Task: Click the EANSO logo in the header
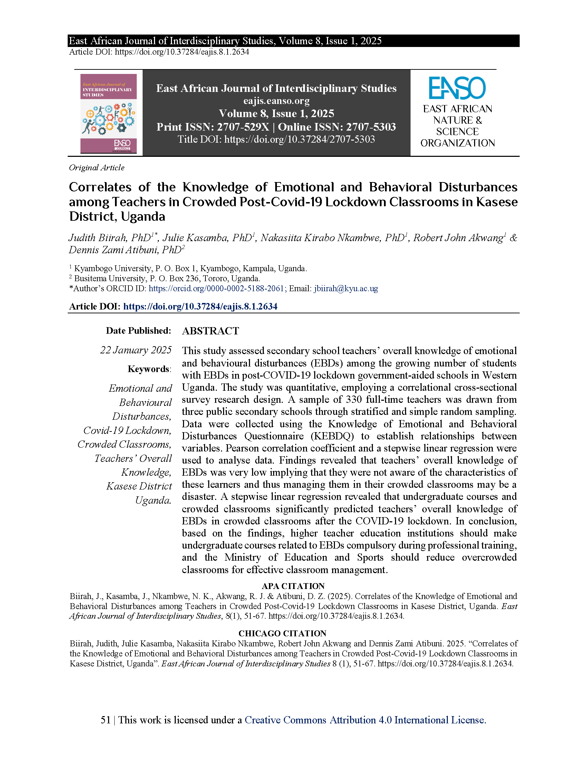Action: coord(457,88)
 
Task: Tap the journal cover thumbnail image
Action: coord(108,113)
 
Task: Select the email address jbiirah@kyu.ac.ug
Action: coord(346,288)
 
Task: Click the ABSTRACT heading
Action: coord(210,331)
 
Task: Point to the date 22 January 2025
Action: coord(136,350)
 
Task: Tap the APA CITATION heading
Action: coord(293,586)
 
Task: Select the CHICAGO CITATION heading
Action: coord(282,633)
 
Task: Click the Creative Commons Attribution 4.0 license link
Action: coord(365,720)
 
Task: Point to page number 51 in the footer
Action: coord(105,720)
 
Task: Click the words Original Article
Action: coord(97,168)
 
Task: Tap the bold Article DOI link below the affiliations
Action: coord(200,306)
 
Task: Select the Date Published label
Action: coord(138,331)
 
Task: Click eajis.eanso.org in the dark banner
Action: coord(276,101)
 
